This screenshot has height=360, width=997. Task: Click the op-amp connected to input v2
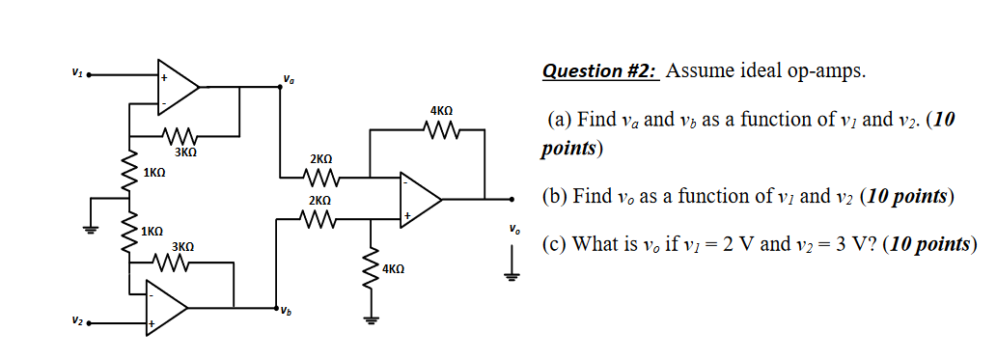coord(165,308)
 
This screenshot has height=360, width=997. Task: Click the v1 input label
coord(76,70)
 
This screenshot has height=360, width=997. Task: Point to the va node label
coord(289,79)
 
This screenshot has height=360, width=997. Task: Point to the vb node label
coord(286,311)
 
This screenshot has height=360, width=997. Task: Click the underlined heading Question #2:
coord(599,71)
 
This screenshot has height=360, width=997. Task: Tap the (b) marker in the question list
coord(553,197)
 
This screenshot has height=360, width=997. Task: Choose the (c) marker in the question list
coord(552,244)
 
